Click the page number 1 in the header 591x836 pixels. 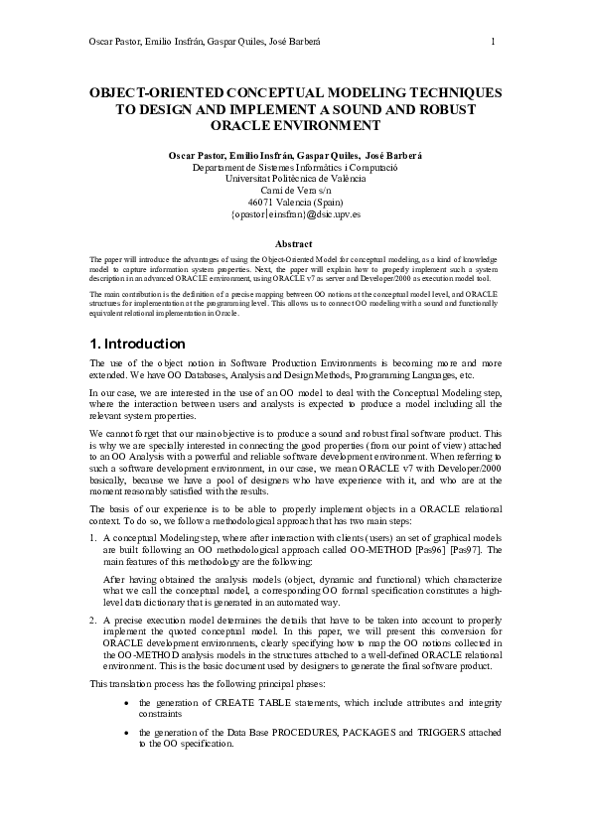pos(493,41)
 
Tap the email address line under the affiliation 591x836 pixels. pos(295,213)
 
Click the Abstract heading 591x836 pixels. pos(295,242)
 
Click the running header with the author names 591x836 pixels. pos(206,41)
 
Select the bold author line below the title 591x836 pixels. pos(295,156)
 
